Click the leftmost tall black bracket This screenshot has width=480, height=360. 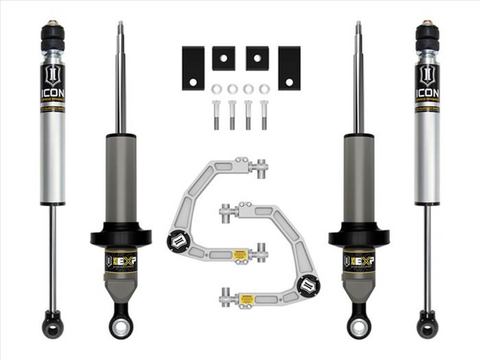[x=193, y=68]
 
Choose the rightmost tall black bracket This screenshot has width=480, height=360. [x=289, y=68]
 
